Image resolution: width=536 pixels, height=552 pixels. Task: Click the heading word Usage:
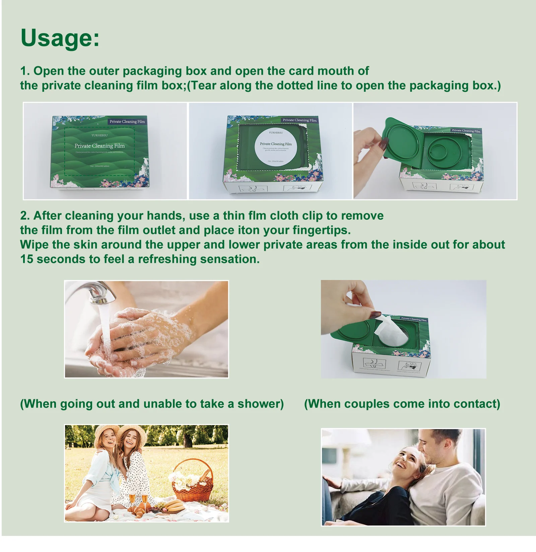click(x=60, y=38)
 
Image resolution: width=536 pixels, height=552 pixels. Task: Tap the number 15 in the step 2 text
click(x=26, y=259)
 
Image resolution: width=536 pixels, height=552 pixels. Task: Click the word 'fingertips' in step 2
click(x=321, y=230)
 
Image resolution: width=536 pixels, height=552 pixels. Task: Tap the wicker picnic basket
click(x=192, y=482)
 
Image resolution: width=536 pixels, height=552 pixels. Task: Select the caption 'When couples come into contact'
click(x=402, y=404)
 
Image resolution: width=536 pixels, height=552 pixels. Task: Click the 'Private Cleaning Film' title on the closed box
click(x=99, y=146)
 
